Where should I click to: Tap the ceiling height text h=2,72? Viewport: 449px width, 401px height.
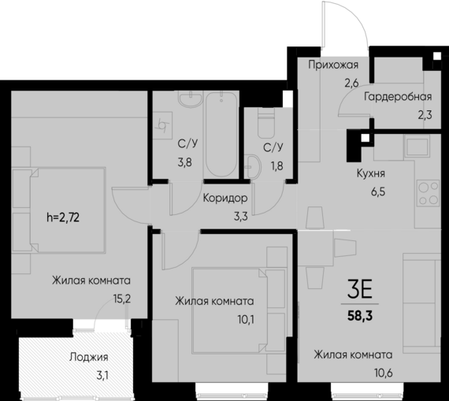tap(69, 213)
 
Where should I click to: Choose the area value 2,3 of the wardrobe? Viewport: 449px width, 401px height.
tap(425, 114)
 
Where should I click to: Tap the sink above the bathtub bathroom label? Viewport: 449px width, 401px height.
tap(187, 102)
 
